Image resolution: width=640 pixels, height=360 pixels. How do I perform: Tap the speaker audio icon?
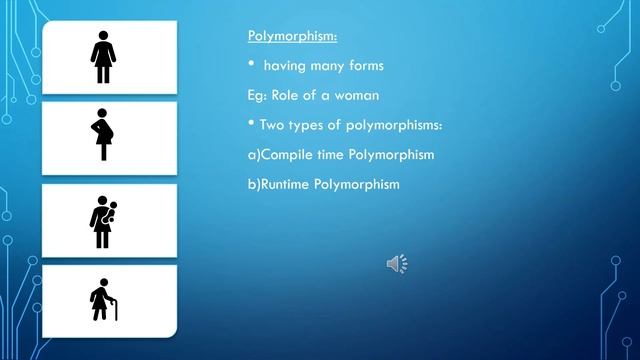point(396,264)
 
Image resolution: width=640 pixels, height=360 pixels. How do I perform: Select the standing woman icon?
point(103,56)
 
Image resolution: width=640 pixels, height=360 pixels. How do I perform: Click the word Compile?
point(286,155)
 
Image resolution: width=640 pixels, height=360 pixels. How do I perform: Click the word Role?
point(287,96)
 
